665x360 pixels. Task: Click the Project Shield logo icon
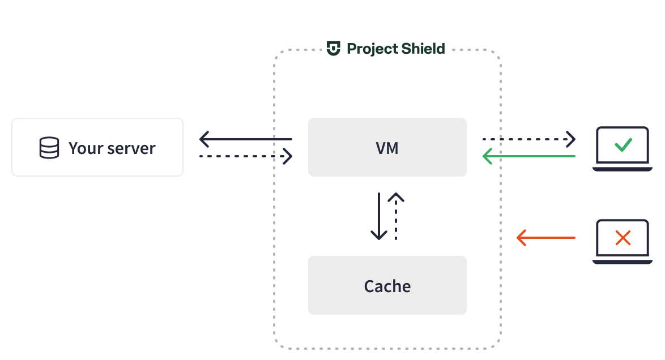click(334, 49)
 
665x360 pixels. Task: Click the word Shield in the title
click(423, 49)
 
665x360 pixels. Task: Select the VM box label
click(387, 148)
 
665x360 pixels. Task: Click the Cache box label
click(387, 286)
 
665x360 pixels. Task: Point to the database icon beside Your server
click(49, 148)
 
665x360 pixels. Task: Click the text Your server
click(112, 148)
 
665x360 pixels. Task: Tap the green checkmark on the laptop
click(623, 145)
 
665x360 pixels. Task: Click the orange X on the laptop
click(623, 238)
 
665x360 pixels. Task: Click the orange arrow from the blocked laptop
click(546, 238)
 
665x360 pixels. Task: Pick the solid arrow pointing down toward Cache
click(378, 216)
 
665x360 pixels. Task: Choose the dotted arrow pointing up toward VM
click(396, 216)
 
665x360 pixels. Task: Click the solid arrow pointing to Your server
click(245, 139)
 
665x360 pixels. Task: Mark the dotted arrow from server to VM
click(245, 156)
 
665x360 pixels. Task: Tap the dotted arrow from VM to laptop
click(528, 139)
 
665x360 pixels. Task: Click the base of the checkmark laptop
click(623, 169)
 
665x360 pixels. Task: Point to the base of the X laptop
click(623, 262)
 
